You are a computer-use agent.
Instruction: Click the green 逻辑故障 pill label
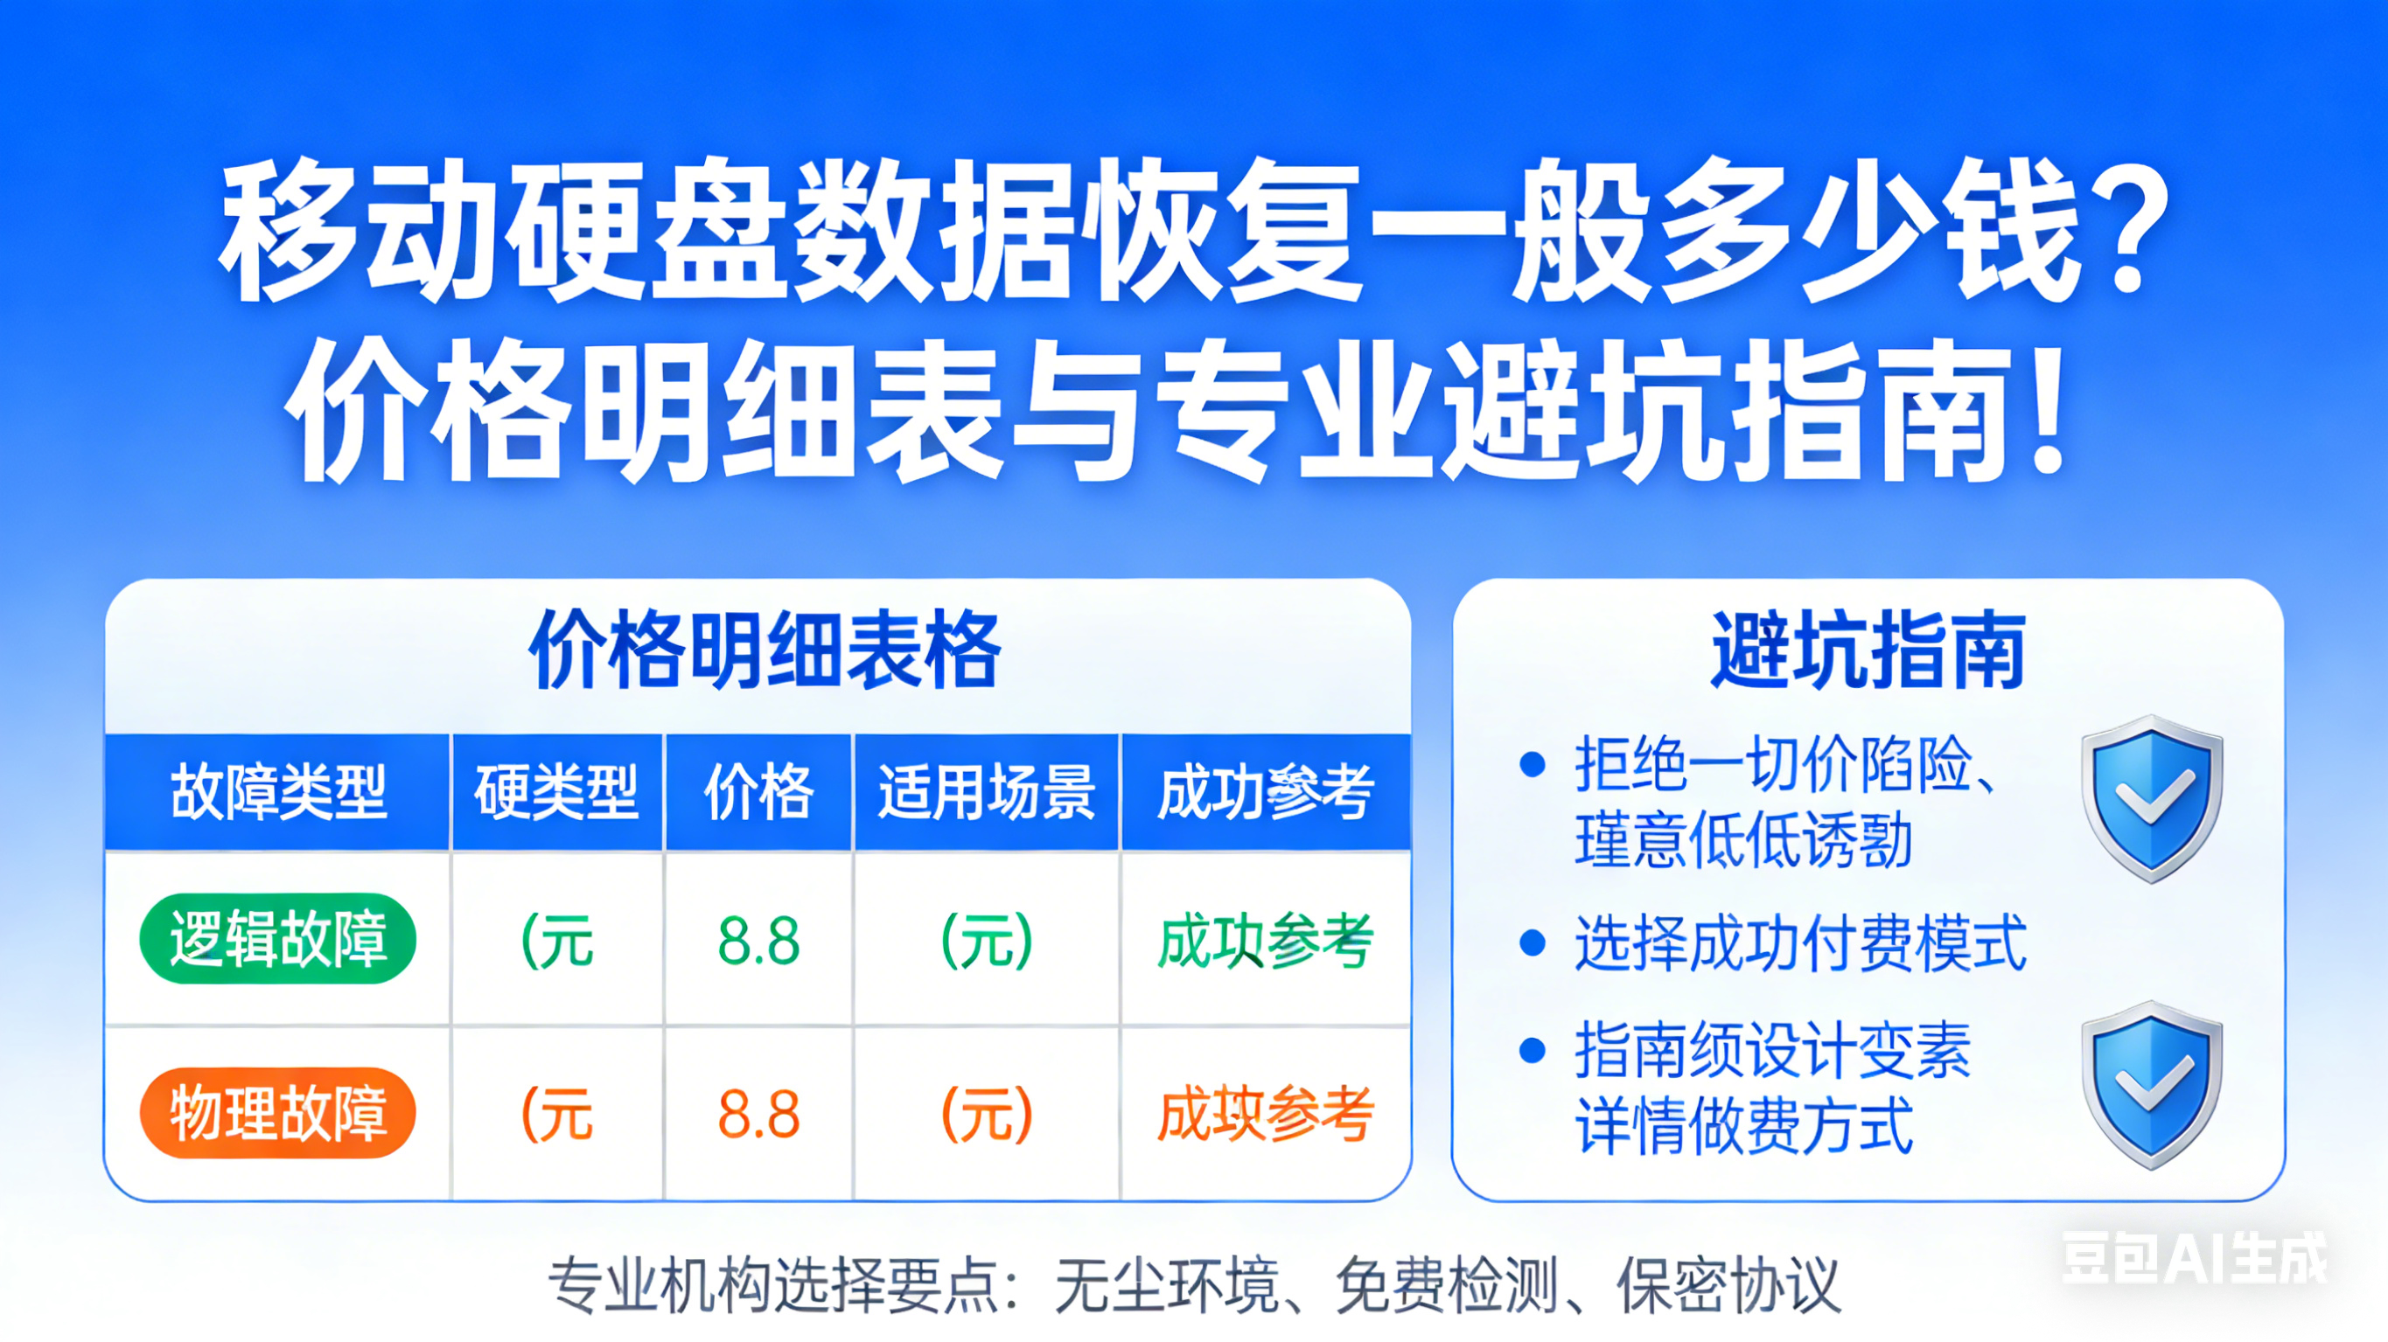coord(277,939)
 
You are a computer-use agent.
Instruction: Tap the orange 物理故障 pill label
coord(277,1113)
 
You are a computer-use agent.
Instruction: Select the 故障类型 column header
coord(278,792)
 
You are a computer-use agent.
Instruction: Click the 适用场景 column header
coord(987,792)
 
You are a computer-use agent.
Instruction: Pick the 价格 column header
coord(758,792)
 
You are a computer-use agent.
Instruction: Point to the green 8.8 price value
coord(758,941)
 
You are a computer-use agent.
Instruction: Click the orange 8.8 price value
coord(758,1114)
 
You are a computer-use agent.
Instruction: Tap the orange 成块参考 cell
coord(1265,1114)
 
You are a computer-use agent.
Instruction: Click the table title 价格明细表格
coord(765,651)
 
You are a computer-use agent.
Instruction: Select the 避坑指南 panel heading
coord(1867,651)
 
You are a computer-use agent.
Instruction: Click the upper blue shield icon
coord(2151,799)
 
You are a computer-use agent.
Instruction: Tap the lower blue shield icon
coord(2151,1084)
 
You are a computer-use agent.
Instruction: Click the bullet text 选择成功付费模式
coord(1800,943)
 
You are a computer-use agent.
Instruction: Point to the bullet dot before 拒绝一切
coord(1533,765)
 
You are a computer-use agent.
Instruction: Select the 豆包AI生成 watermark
coord(2193,1258)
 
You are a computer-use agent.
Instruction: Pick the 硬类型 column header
coord(556,792)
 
